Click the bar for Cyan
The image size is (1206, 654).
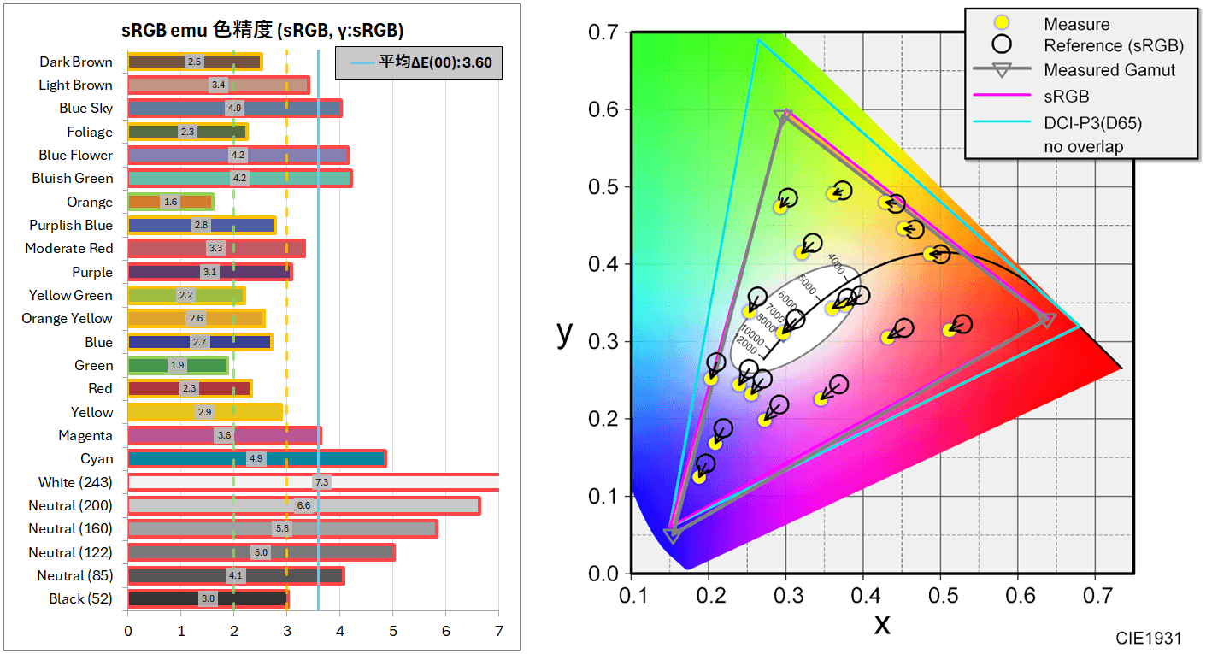[256, 458]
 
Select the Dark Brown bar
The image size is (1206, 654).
[194, 62]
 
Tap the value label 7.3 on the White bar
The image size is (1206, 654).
[321, 482]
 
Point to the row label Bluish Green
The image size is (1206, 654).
[73, 179]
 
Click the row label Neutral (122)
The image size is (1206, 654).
[70, 552]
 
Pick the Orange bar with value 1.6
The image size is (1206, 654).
[170, 202]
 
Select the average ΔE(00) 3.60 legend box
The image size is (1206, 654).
[418, 62]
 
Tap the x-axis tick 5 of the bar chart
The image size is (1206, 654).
[393, 632]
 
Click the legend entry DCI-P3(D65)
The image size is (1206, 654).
[1092, 123]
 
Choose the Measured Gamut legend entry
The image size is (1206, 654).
[1109, 70]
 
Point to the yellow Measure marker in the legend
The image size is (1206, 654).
[1001, 24]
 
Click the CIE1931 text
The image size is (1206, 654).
[1149, 639]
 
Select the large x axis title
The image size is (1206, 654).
[881, 624]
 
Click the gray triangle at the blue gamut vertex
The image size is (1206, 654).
[673, 535]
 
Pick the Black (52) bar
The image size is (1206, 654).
[208, 598]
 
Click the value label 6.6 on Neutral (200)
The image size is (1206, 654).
[303, 505]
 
